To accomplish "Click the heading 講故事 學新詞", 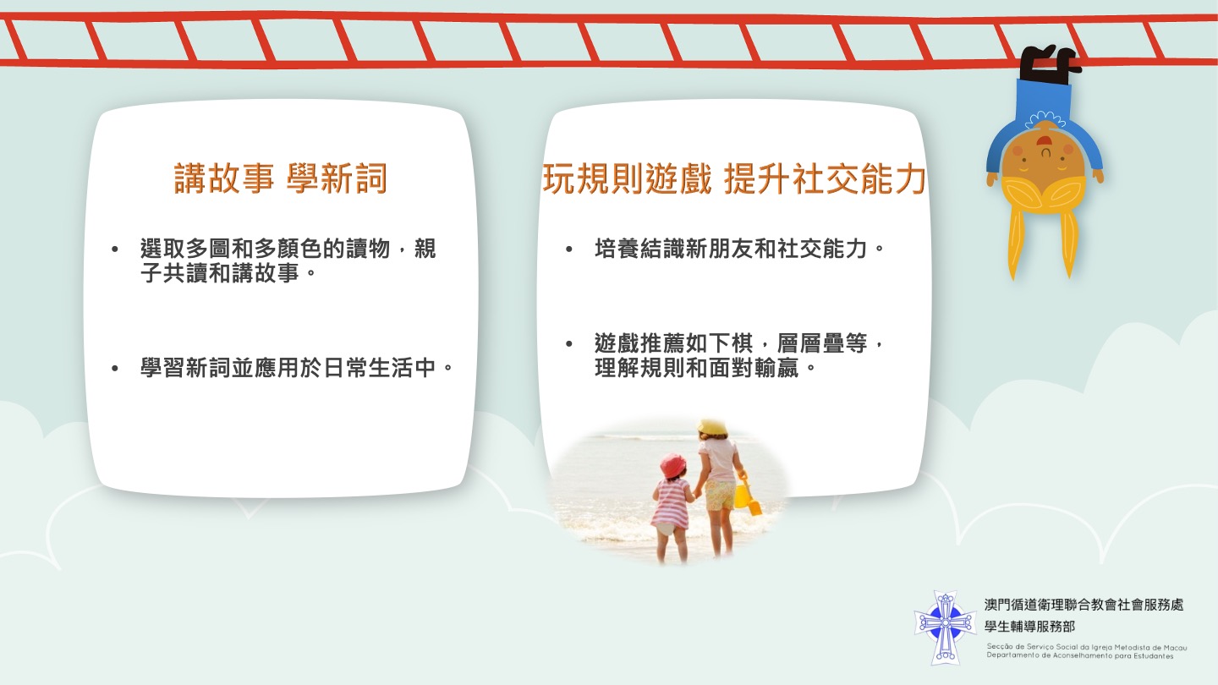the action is [x=281, y=178].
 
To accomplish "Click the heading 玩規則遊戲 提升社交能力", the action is [x=733, y=178].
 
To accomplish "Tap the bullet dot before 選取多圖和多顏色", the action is [x=115, y=249].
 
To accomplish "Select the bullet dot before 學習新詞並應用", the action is [x=115, y=369].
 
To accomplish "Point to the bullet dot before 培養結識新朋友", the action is [x=569, y=249].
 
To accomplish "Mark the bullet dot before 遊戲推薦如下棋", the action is [x=569, y=343].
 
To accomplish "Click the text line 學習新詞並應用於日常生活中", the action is [x=297, y=368].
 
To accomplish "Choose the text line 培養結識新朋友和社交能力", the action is [x=739, y=249].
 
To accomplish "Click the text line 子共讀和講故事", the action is [x=228, y=272].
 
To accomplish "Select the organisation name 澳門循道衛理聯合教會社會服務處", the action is [x=1084, y=605].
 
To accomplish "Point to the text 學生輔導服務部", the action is [x=1029, y=627].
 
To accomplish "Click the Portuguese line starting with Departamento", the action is [x=1080, y=655].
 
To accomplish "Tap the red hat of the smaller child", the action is [x=672, y=466].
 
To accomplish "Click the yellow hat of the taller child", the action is [x=712, y=427].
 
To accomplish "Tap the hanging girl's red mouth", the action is [x=1044, y=142].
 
